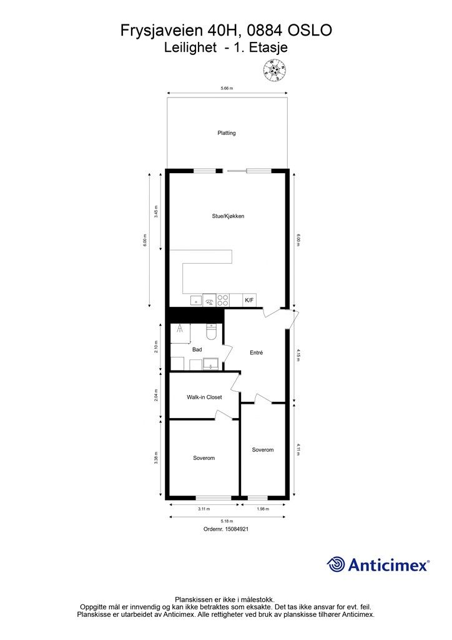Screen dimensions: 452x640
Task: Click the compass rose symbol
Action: [275, 70]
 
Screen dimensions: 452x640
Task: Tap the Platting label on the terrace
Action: [227, 132]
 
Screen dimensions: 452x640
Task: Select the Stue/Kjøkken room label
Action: [228, 216]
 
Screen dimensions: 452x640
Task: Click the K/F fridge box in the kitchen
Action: [249, 301]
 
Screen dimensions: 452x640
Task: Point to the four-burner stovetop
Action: [222, 301]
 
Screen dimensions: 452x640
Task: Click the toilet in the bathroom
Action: [212, 332]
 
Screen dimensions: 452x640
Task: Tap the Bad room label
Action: [197, 349]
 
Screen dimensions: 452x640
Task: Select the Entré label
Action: [257, 352]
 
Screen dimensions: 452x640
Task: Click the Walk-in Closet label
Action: [204, 397]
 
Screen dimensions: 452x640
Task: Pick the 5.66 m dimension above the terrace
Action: [227, 88]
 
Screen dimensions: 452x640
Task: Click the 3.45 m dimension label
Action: [156, 211]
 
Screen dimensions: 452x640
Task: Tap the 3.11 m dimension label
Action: [204, 509]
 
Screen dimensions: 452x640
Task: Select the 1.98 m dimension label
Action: [263, 509]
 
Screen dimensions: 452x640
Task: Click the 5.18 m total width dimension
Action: [227, 521]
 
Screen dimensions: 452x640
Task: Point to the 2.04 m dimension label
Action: [156, 396]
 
